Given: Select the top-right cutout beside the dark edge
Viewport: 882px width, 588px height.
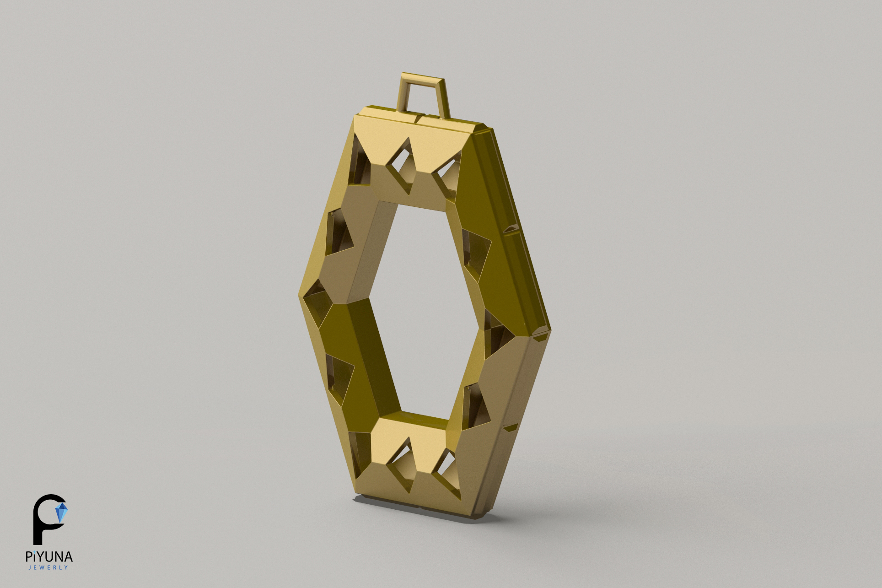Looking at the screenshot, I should [x=446, y=176].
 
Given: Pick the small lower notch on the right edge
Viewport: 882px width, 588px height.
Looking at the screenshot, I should [x=509, y=428].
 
